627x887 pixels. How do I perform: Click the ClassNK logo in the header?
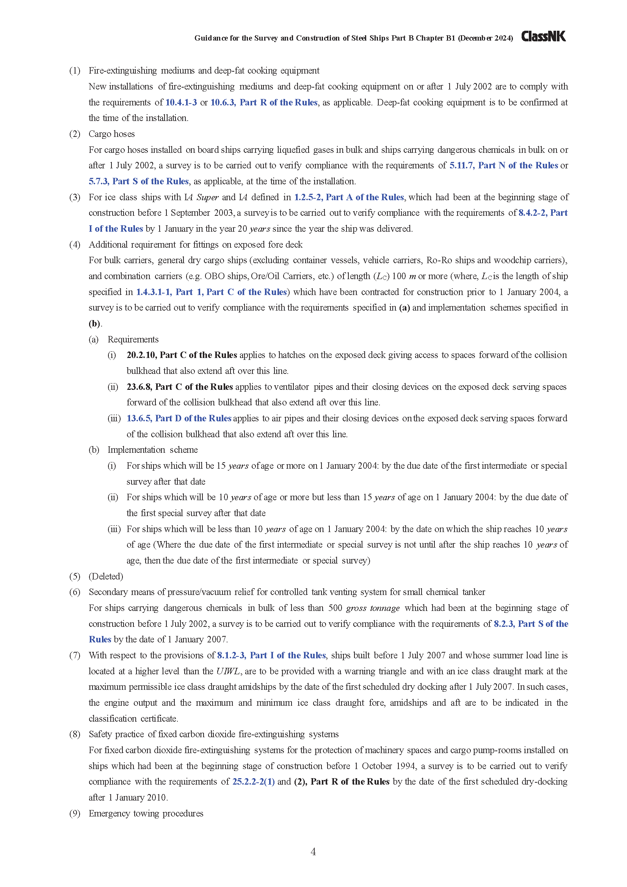coord(543,37)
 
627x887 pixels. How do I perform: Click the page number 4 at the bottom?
coord(313,851)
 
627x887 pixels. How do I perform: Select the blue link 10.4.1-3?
coord(181,102)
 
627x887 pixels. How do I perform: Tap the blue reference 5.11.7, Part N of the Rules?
coord(503,165)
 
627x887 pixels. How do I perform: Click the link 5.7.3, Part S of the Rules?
coord(139,181)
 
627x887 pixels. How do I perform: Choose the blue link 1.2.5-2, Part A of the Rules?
coord(349,197)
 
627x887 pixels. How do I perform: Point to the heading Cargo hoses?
coord(111,134)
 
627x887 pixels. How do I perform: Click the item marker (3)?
coord(75,197)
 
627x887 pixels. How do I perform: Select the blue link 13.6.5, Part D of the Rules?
coord(179,418)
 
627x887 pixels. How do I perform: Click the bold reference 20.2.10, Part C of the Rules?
coord(182,355)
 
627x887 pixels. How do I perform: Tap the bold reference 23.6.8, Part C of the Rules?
coord(180,387)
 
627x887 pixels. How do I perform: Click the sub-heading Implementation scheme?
coord(152,450)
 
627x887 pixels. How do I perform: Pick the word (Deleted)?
coord(106,576)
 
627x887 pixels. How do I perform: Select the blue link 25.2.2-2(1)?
coord(253,782)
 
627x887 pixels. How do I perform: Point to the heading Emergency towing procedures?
coord(146,813)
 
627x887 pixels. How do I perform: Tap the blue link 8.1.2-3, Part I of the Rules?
coord(271,655)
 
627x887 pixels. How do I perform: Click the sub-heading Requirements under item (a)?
coord(133,339)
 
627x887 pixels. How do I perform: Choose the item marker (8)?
coord(75,734)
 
